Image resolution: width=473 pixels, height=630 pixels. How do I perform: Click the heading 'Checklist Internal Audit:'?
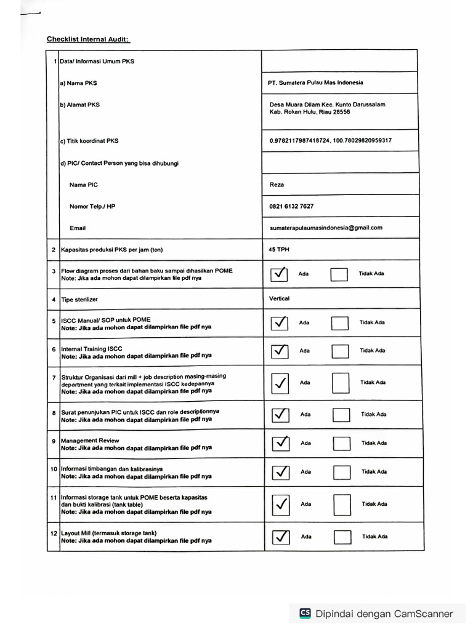[88, 39]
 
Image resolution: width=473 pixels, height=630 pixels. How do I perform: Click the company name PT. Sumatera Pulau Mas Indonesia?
[315, 82]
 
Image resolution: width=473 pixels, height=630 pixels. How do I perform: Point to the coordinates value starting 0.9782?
[330, 140]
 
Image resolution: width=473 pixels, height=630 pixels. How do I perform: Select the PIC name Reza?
[277, 185]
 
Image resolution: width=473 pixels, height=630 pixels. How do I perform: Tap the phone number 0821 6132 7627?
[291, 206]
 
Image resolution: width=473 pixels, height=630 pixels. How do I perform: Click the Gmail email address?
[326, 228]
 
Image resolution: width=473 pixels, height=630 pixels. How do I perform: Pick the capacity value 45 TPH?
[280, 250]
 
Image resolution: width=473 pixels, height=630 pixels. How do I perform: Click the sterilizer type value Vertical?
[279, 298]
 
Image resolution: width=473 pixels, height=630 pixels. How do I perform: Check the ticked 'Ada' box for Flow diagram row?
[279, 273]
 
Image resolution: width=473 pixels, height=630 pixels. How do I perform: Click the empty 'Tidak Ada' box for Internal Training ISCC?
[340, 351]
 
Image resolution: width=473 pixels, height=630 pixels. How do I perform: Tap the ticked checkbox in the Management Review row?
[280, 443]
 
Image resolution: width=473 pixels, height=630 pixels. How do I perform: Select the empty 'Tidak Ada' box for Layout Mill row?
[342, 536]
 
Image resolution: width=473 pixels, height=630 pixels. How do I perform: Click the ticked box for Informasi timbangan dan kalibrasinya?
[280, 472]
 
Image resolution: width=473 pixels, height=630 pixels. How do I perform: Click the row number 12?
[54, 533]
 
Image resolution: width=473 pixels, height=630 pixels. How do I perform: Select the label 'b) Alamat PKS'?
[79, 105]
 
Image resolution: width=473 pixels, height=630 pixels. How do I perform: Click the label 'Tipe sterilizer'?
[79, 300]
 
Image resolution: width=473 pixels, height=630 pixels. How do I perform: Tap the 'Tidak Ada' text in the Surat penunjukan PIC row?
[373, 414]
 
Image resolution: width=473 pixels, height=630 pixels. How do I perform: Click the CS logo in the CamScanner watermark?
[305, 613]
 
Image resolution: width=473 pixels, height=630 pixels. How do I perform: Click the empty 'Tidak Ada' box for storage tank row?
[342, 504]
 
